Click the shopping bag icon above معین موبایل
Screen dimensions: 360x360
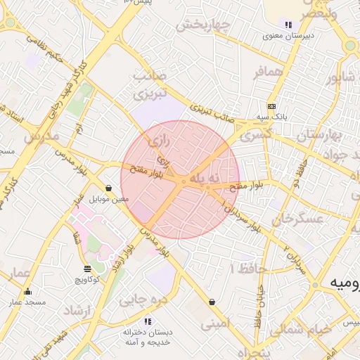[x=110, y=188]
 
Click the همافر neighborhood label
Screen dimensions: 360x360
[x=269, y=71]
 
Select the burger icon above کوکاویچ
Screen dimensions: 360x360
[x=87, y=269]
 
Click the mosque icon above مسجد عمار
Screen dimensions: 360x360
[x=28, y=291]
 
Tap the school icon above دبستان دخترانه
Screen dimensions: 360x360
[x=147, y=321]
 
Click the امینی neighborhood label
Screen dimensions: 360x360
[x=215, y=324]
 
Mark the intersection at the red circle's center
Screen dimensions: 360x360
[x=181, y=181]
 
